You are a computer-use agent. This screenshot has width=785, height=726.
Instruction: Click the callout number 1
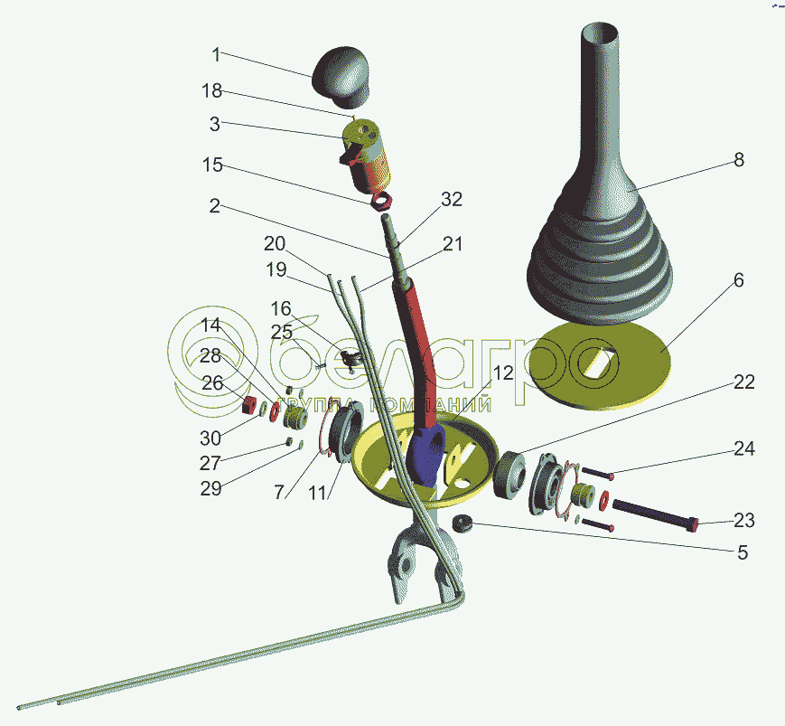tap(216, 54)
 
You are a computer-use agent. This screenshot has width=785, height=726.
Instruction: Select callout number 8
tap(738, 160)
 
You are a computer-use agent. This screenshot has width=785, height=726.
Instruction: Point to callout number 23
tap(743, 520)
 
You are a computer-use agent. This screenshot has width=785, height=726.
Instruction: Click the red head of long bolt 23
tap(694, 523)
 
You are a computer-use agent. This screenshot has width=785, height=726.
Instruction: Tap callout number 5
tap(743, 552)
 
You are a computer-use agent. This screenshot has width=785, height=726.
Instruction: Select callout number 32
tap(452, 200)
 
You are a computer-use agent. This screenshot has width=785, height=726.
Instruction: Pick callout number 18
tap(211, 91)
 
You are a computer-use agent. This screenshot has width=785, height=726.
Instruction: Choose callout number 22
tap(743, 382)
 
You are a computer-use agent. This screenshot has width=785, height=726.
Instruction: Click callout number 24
tap(743, 449)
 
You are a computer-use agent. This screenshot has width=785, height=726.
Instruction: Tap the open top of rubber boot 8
tap(598, 33)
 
